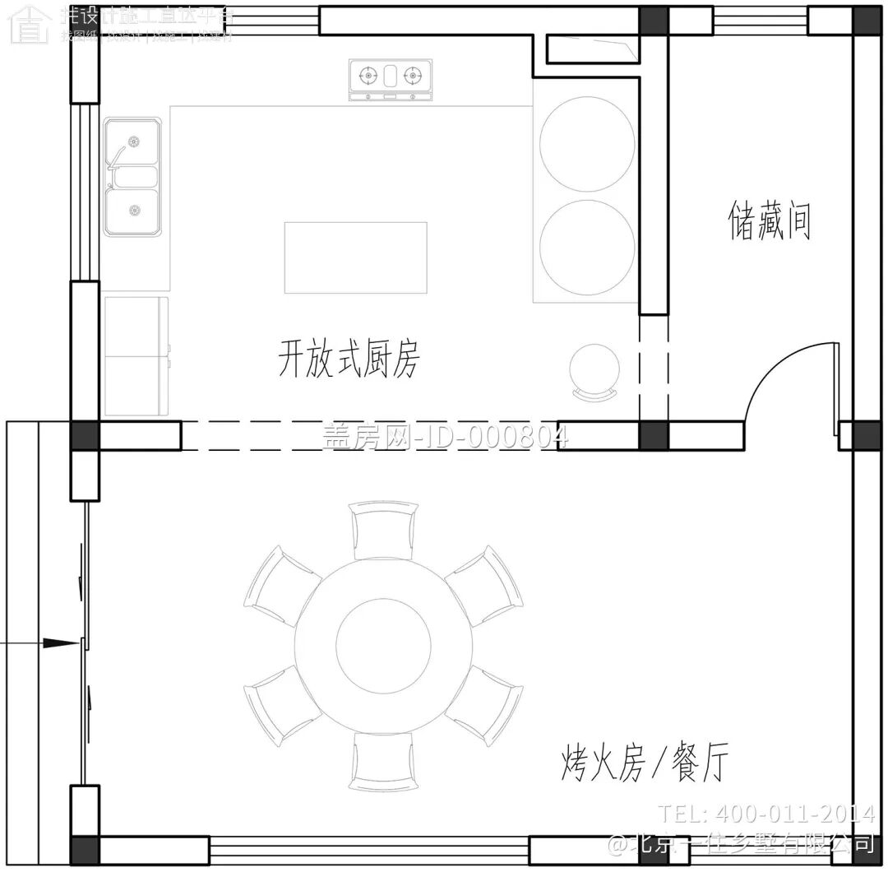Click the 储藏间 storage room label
tap(770, 222)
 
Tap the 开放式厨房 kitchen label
tap(349, 359)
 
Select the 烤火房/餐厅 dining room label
tap(645, 763)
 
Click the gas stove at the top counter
tap(391, 79)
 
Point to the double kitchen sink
tap(132, 177)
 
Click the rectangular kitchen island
tap(356, 257)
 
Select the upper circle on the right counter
tap(587, 144)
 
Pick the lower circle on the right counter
tap(587, 248)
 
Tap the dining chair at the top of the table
tap(382, 530)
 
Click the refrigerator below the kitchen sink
tap(136, 356)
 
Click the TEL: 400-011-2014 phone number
tap(766, 814)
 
